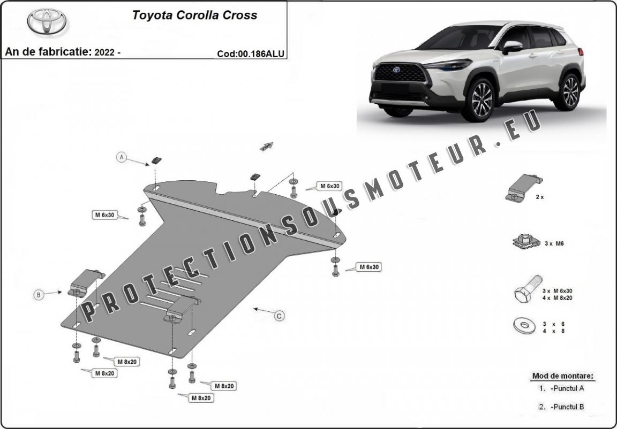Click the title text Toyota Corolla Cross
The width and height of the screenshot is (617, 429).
point(194,15)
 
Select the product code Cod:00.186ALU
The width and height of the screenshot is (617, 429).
point(250,53)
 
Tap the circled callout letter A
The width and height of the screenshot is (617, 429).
point(122,157)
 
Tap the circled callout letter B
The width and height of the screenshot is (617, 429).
point(39,294)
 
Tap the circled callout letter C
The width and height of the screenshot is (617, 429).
point(279,317)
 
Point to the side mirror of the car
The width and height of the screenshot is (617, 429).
point(511,47)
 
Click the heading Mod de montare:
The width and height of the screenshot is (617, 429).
point(562,376)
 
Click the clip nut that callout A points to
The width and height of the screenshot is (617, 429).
point(157,160)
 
